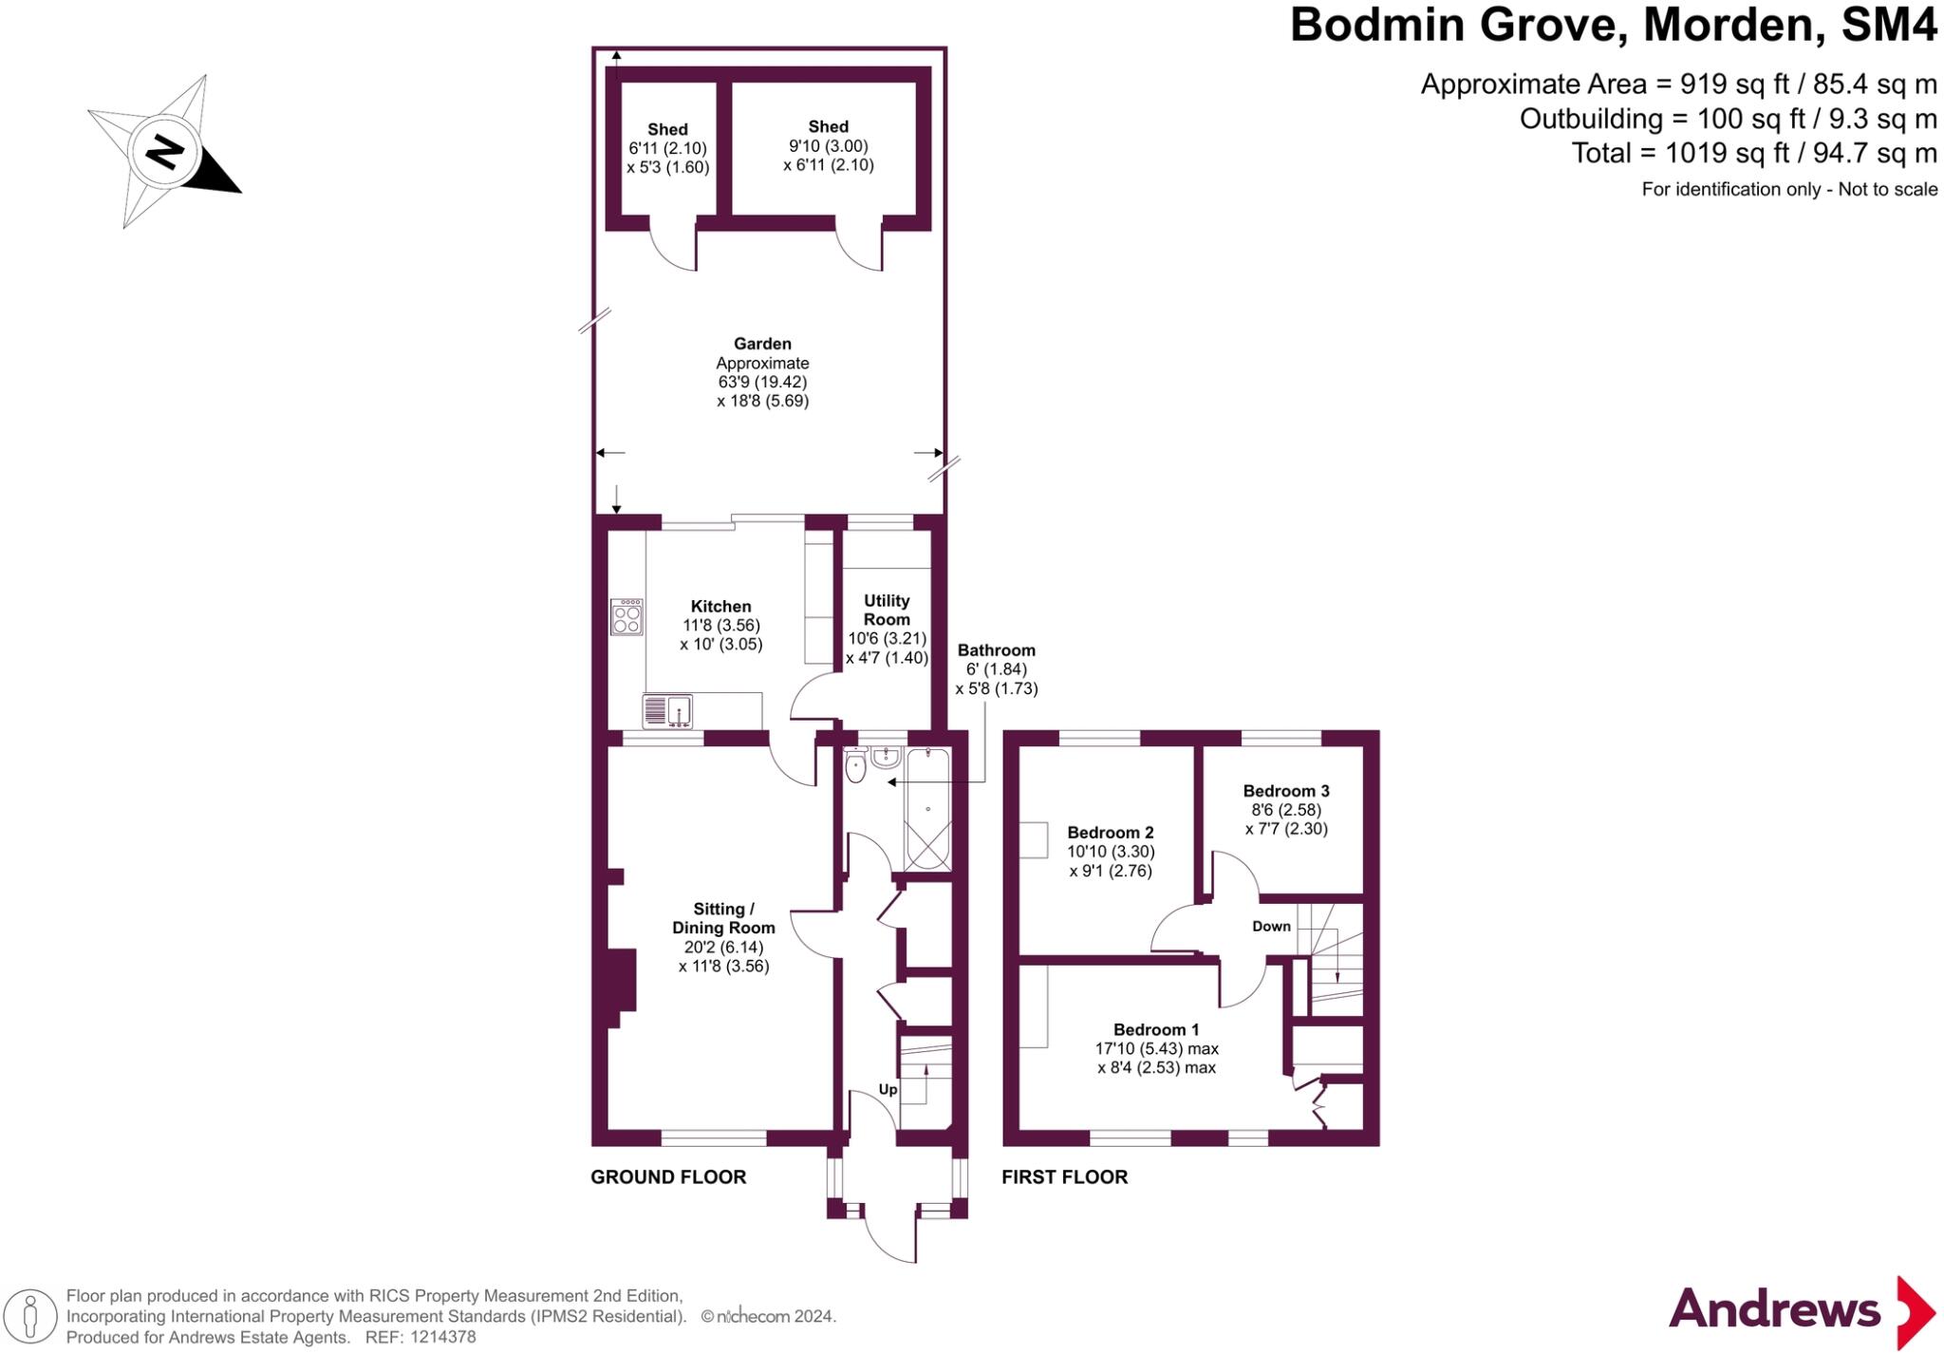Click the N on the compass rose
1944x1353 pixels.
164,152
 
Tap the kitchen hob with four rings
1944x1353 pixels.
626,617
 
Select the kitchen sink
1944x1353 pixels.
667,710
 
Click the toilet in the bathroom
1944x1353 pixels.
855,768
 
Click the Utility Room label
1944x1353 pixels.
887,610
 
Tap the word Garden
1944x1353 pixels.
762,344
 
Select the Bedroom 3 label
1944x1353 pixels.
1285,791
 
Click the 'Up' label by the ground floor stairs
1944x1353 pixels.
888,1090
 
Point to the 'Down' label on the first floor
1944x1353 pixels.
1271,927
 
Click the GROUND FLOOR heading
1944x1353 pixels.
668,1177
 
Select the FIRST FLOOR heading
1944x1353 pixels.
1064,1177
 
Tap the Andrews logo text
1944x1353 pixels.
1774,1310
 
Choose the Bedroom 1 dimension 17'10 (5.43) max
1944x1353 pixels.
1156,1049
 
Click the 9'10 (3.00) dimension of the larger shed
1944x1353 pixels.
828,146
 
